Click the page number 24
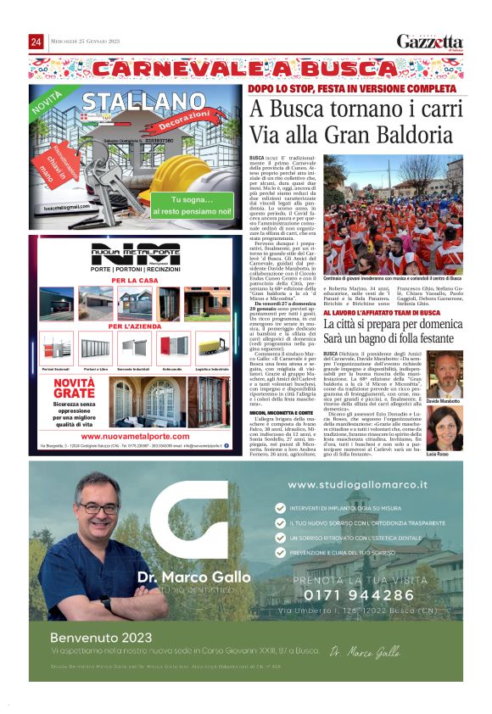tap(36, 42)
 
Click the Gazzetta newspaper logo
tap(430, 42)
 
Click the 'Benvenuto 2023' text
tap(91, 637)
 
